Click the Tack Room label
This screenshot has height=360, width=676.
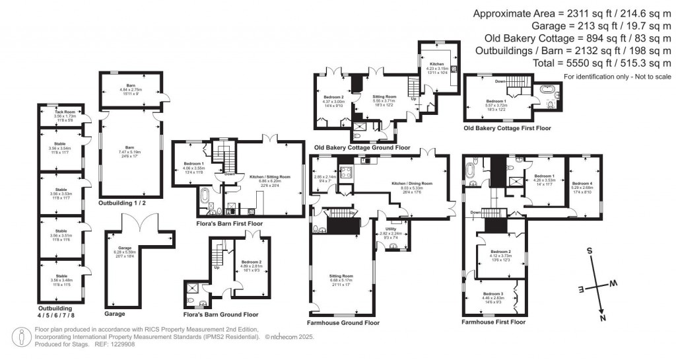click(61, 115)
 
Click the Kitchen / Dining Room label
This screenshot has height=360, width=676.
click(411, 183)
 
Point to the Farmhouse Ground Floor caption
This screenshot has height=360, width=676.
click(343, 323)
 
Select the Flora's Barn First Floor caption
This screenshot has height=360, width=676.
click(230, 223)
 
